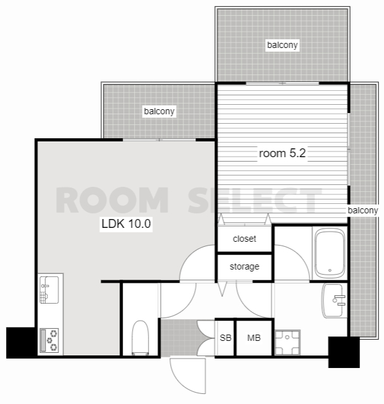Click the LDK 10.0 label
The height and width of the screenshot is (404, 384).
click(x=126, y=223)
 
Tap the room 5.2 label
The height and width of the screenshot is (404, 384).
click(x=282, y=153)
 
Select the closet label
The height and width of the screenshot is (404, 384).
click(x=244, y=239)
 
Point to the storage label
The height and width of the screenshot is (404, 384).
click(x=244, y=266)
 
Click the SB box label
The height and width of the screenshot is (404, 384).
click(x=225, y=338)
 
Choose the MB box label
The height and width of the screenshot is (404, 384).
click(x=254, y=338)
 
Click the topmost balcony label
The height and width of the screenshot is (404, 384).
click(x=283, y=45)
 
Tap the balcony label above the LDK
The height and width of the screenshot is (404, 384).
click(x=159, y=111)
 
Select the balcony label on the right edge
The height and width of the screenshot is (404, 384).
click(x=362, y=210)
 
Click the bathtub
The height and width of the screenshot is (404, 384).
click(x=330, y=253)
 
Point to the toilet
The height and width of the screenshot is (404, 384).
click(x=140, y=338)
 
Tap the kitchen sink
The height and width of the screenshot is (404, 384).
click(x=49, y=290)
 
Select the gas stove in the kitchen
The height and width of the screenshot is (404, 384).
click(x=49, y=340)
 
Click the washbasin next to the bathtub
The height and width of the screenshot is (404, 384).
click(x=334, y=300)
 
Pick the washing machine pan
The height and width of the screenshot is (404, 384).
click(x=287, y=342)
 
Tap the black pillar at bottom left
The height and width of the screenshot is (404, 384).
click(x=21, y=343)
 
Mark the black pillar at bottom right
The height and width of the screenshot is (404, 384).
click(x=344, y=352)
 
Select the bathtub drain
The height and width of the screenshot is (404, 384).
click(x=330, y=270)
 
